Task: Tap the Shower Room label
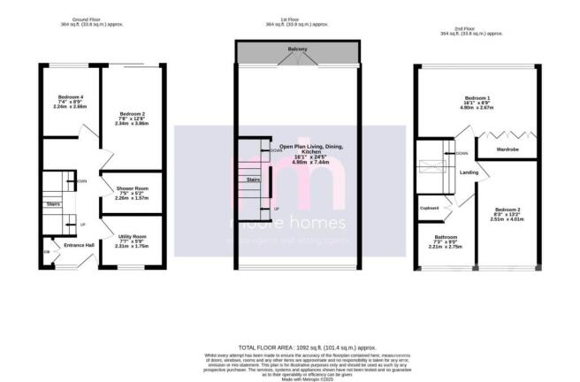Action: tap(128, 187)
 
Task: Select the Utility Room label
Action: tap(128, 236)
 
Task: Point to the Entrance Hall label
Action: tap(66, 245)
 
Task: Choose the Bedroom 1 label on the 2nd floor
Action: tap(478, 97)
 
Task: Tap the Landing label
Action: tap(469, 172)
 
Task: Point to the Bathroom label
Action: tap(445, 237)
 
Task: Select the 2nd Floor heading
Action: tap(478, 29)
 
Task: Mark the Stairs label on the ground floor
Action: tap(52, 204)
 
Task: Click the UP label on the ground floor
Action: tap(83, 225)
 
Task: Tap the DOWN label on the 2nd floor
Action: tap(461, 153)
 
